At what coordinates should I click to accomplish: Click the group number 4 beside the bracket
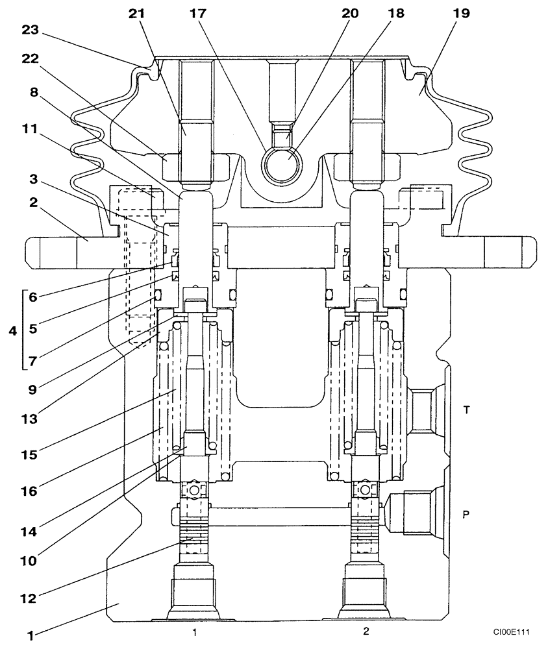pos(11,331)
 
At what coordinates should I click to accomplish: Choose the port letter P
pos(466,514)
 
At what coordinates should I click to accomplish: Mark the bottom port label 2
pos(365,631)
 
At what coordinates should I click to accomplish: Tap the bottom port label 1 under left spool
pos(193,631)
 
